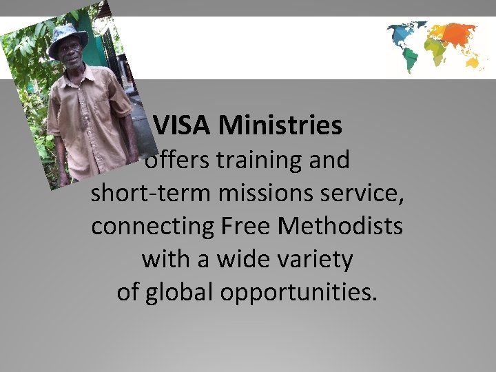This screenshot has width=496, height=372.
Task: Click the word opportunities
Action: (299, 293)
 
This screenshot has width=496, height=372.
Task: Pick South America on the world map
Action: (412, 58)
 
